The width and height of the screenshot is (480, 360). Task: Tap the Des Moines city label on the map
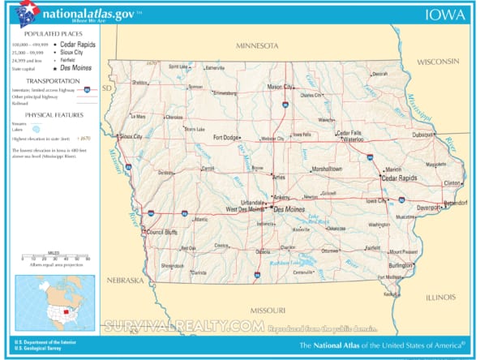(289, 210)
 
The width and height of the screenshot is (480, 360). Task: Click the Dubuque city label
(423, 135)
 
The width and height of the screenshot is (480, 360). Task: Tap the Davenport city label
(408, 208)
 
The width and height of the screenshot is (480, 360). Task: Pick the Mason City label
(281, 87)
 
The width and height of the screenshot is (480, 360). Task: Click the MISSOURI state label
(268, 311)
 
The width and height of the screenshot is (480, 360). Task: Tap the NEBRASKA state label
(122, 280)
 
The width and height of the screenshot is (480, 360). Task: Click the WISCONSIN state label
(439, 62)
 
